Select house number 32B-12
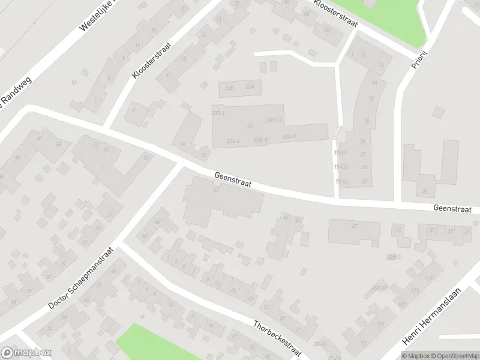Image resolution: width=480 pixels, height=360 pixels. click(274, 120)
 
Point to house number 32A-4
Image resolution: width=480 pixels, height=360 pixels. click(233, 142)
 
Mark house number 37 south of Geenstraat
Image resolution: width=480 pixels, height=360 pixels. click(355, 226)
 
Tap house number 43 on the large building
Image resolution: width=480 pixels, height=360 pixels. click(215, 190)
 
